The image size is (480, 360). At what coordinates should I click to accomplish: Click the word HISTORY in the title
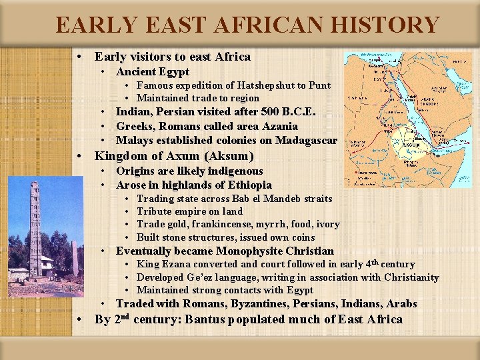[385, 25]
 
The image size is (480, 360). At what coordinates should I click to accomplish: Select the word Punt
[319, 85]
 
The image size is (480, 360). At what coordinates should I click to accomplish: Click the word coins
[301, 237]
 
